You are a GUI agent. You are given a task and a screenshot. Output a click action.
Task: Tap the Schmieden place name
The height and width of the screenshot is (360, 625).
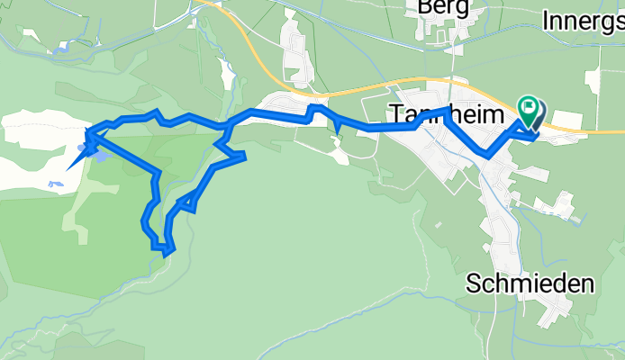[x=530, y=284]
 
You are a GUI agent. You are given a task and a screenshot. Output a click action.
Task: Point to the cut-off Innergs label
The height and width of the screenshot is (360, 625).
[x=584, y=18]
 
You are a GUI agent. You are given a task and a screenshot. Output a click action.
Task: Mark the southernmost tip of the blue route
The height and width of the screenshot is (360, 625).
[x=166, y=254]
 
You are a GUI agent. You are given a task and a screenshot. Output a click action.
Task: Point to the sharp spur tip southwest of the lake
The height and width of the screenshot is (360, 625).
[x=68, y=168]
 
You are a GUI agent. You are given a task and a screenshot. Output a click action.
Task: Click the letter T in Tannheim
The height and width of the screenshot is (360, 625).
[x=395, y=114]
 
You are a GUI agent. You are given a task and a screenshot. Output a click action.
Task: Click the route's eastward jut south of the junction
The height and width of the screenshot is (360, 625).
[x=241, y=157]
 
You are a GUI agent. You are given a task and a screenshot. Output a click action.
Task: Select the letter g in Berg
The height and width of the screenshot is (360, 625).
[x=462, y=9]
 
